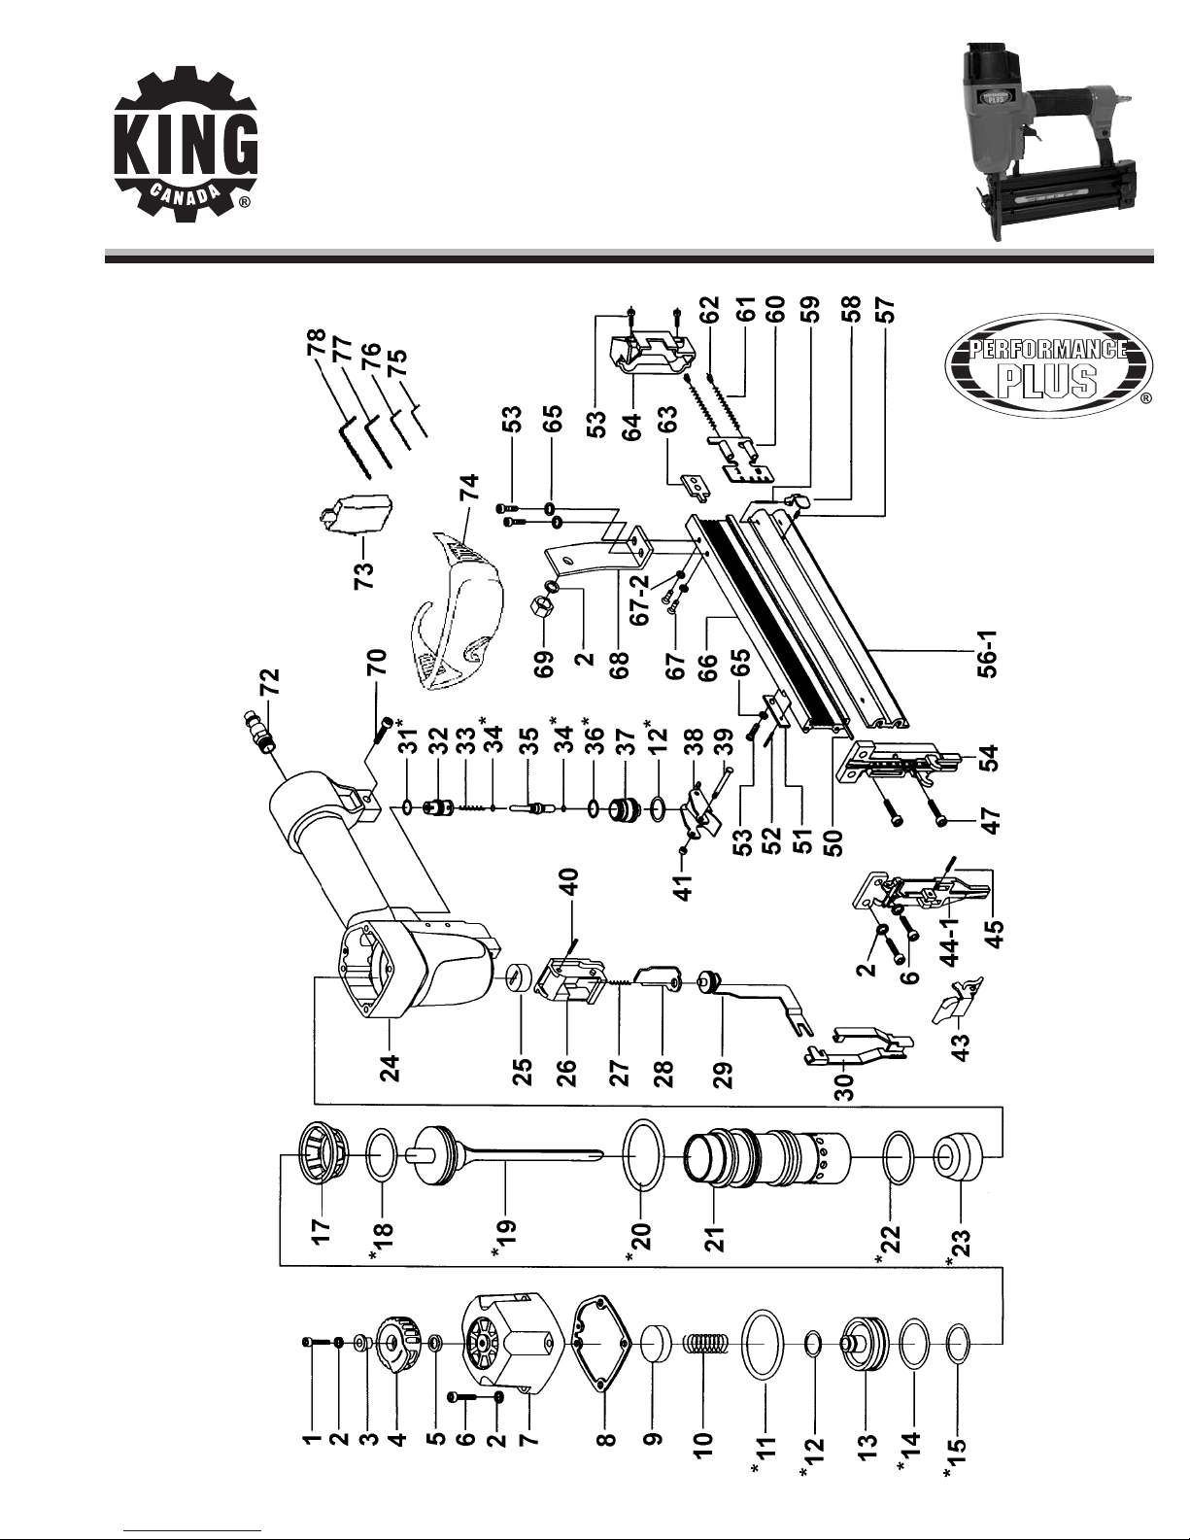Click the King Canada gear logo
[x=186, y=148]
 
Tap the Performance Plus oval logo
[x=1048, y=365]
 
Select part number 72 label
[x=271, y=681]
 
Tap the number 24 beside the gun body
[x=389, y=1067]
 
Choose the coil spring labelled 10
[x=703, y=1342]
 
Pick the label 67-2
[x=639, y=599]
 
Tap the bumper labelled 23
[x=960, y=1156]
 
